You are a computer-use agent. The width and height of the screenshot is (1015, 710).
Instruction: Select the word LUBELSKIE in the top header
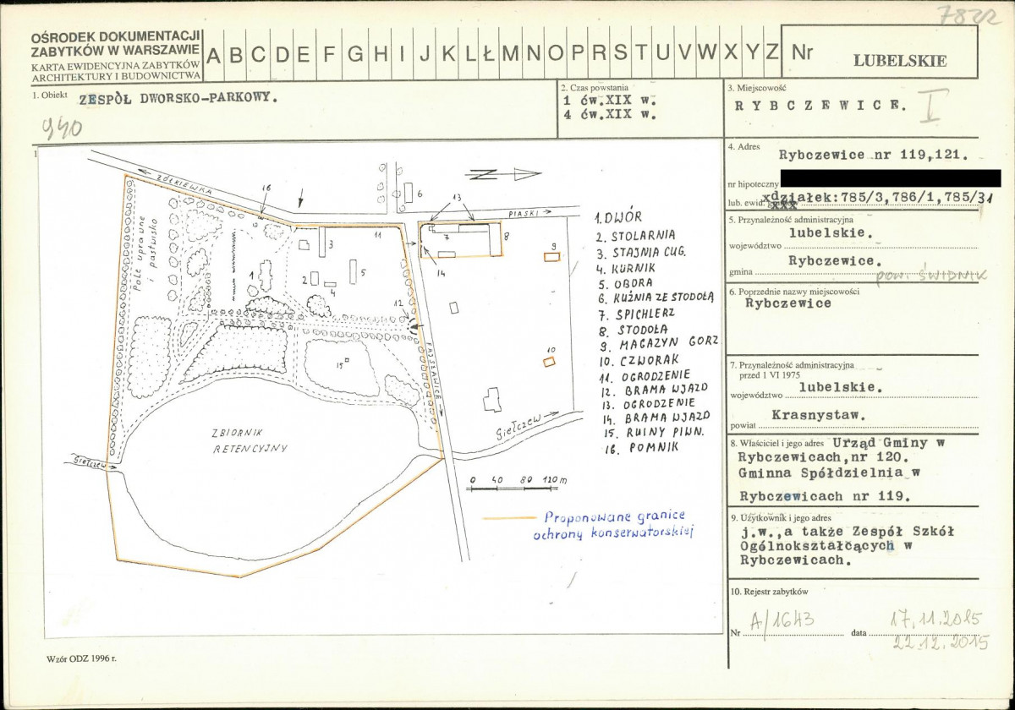900,61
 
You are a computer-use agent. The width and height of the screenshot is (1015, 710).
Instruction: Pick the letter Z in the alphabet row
771,53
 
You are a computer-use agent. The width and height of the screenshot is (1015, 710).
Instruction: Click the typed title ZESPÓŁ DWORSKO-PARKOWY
178,97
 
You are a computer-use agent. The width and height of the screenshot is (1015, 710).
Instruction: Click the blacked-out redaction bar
889,177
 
